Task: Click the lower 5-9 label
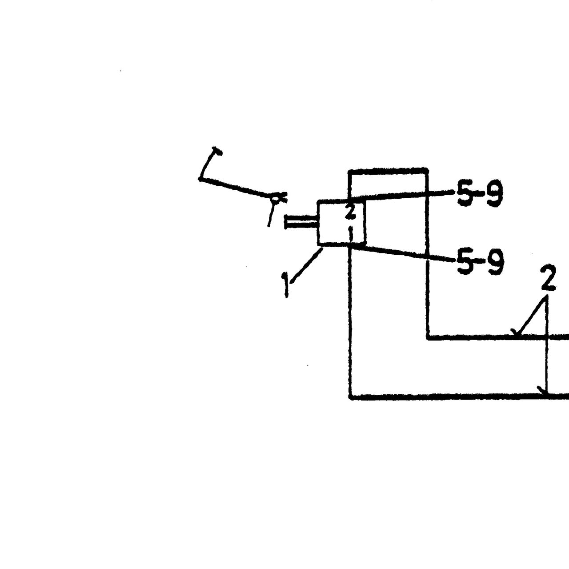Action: pyautogui.click(x=480, y=262)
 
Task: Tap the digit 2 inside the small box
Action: pyautogui.click(x=350, y=213)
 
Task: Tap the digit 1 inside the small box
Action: pyautogui.click(x=351, y=234)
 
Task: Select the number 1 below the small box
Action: pyautogui.click(x=285, y=285)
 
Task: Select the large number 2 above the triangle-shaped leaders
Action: pyautogui.click(x=549, y=277)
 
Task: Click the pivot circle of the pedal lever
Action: pyautogui.click(x=275, y=198)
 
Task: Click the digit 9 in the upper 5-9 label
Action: pyautogui.click(x=494, y=194)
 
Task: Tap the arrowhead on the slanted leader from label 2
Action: pyautogui.click(x=516, y=333)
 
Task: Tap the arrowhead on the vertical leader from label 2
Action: pyautogui.click(x=543, y=391)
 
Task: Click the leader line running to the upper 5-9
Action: pyautogui.click(x=401, y=196)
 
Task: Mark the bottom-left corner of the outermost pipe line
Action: pyautogui.click(x=350, y=397)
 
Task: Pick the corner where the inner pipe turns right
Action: pyautogui.click(x=428, y=337)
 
